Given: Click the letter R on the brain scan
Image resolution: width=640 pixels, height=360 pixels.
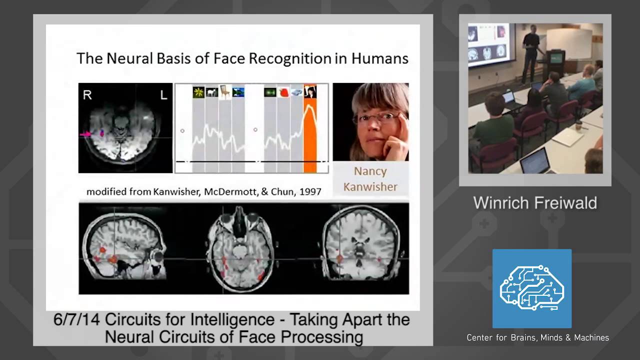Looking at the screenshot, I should pyautogui.click(x=87, y=95).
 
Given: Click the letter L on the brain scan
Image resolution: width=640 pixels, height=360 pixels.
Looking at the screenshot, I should pyautogui.click(x=163, y=95).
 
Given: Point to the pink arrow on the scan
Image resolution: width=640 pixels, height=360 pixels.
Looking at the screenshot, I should pyautogui.click(x=85, y=134).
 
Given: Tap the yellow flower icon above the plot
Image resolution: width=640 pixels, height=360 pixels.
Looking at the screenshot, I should pyautogui.click(x=198, y=92).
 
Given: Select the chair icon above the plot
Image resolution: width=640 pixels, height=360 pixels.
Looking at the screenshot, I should pyautogui.click(x=225, y=92).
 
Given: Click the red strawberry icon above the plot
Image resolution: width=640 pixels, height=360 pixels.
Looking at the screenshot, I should pyautogui.click(x=284, y=92).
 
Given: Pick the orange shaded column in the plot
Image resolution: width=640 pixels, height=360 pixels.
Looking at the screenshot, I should pyautogui.click(x=310, y=135).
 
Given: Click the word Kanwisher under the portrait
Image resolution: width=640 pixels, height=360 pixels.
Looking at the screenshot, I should pyautogui.click(x=370, y=187).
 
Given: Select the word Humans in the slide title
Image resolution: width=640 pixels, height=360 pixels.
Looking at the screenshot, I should pyautogui.click(x=379, y=58).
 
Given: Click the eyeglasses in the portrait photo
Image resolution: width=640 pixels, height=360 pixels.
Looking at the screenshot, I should pyautogui.click(x=372, y=118).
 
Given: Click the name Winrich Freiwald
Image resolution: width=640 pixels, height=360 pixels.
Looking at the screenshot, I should pyautogui.click(x=535, y=203).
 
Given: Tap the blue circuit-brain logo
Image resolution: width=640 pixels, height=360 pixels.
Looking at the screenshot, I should pyautogui.click(x=531, y=288).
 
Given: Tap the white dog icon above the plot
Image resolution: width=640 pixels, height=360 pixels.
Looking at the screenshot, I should pyautogui.click(x=212, y=92).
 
